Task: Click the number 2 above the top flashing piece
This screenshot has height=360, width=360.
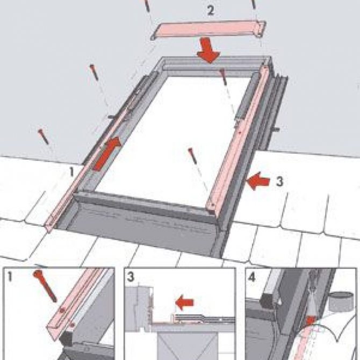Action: [211, 10]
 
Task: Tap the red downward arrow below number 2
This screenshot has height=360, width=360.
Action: [208, 50]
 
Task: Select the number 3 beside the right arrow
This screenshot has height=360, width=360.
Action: [279, 182]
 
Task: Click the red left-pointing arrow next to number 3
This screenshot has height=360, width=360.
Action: [258, 181]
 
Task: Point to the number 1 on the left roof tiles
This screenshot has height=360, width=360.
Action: [71, 172]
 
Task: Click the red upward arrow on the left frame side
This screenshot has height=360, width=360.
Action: [106, 154]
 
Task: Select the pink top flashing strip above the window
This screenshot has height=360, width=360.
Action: [208, 30]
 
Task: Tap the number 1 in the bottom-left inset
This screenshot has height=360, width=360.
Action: [10, 276]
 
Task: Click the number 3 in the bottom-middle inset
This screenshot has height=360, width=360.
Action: [131, 277]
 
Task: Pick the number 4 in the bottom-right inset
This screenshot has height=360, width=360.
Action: [252, 277]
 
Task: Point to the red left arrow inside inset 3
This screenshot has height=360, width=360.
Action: [185, 303]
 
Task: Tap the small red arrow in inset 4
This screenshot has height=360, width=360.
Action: [311, 321]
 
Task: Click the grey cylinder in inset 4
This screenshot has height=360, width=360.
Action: [341, 300]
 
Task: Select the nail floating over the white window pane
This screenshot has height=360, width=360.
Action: [193, 156]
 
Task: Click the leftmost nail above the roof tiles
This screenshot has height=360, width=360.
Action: [44, 137]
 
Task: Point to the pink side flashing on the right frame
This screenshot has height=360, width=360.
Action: [237, 140]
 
